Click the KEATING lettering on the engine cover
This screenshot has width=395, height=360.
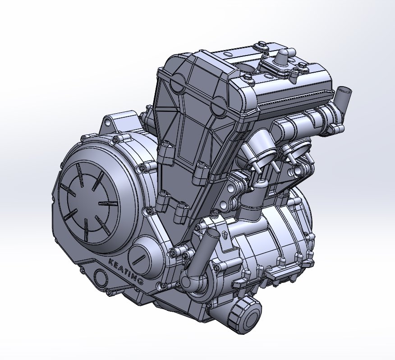126,271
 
